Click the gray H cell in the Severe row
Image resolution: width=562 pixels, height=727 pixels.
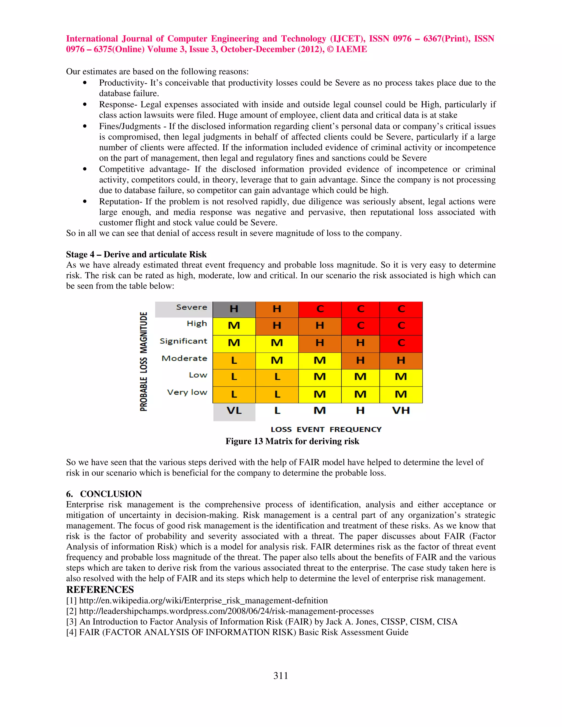234,309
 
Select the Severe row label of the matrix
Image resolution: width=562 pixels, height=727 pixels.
192,307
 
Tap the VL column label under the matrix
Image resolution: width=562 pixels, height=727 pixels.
234,411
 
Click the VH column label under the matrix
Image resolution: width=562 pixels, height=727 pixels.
401,411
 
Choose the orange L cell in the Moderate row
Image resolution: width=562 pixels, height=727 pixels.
234,360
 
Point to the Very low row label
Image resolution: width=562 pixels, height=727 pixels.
187,393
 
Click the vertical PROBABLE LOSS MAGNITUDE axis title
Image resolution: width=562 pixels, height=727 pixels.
144,361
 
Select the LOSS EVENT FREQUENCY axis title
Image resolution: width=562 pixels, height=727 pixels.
326,429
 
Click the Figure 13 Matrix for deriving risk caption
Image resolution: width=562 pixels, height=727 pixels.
292,441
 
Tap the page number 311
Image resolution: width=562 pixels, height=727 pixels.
281,675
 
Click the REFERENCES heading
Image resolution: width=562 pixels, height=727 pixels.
100,590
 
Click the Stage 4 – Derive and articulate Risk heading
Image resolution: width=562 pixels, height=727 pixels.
136,255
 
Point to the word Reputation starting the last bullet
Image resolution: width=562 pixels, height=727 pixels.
121,202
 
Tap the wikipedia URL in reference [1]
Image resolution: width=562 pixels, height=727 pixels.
203,601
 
